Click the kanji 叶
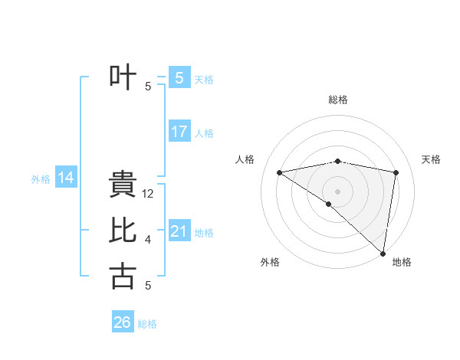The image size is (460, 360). [123, 77]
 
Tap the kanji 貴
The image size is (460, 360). [123, 185]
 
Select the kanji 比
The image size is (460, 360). [123, 231]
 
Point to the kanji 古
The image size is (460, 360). [123, 276]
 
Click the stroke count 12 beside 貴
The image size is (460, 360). [149, 195]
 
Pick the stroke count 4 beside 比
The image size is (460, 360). [148, 241]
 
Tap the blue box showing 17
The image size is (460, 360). [179, 132]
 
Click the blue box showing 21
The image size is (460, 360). [179, 231]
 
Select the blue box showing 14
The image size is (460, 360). [66, 178]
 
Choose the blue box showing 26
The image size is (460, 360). [122, 322]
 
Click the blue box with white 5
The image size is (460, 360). [179, 77]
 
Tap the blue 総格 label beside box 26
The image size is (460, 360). [147, 324]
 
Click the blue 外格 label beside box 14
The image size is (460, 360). [41, 179]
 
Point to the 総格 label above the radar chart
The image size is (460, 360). [338, 100]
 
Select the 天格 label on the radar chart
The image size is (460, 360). [431, 159]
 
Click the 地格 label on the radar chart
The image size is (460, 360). [402, 262]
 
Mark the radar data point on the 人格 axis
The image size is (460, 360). [279, 172]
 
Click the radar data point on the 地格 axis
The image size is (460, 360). [383, 253]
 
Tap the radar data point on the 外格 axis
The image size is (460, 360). [328, 204]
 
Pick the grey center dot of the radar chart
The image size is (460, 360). [337, 191]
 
